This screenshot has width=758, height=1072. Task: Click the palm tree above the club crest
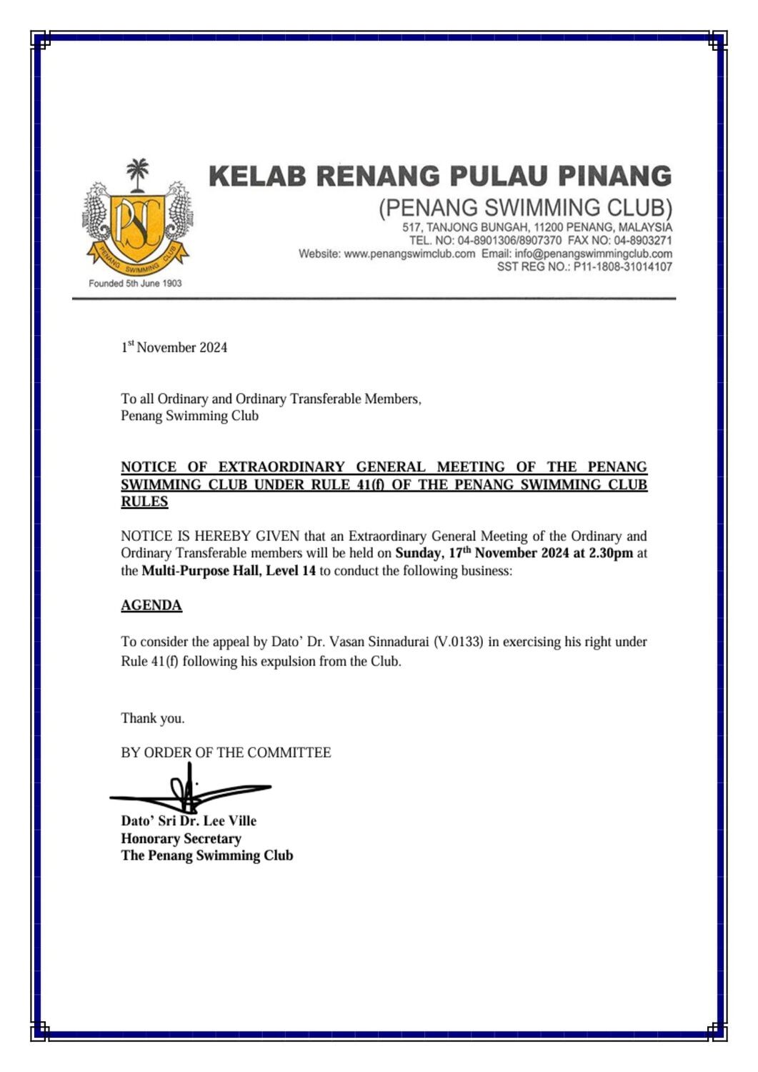point(138,175)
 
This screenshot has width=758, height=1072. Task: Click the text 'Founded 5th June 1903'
point(135,283)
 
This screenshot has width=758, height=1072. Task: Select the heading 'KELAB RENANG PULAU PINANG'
point(440,177)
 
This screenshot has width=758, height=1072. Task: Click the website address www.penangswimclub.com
point(409,254)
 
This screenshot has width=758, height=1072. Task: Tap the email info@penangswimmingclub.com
point(593,254)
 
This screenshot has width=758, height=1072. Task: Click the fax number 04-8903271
point(642,241)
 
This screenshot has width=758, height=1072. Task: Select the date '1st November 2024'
point(174,347)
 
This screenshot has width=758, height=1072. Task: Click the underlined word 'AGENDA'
point(151,605)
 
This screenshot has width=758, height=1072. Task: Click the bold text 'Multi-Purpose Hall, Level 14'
point(229,571)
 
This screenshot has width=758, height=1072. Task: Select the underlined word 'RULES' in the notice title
point(144,502)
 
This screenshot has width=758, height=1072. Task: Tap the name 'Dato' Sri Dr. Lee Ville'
point(188,821)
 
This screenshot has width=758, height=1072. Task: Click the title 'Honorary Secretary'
point(181,838)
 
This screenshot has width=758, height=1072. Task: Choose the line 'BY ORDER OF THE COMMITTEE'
point(226,753)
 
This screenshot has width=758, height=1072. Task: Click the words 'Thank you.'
point(152,718)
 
